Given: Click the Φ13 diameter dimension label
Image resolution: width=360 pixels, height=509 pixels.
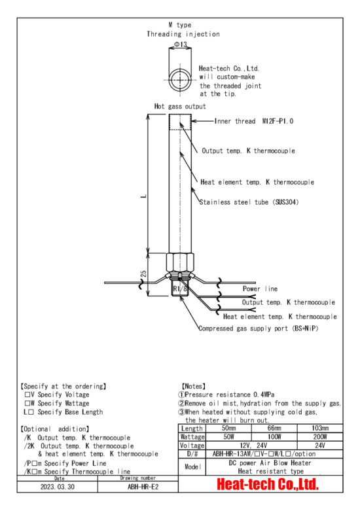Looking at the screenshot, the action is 180,44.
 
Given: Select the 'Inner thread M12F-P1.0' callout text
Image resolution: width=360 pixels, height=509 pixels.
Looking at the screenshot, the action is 254,121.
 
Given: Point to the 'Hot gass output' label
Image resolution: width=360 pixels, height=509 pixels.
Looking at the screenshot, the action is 180,106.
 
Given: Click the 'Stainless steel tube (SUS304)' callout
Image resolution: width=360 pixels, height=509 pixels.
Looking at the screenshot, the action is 249,202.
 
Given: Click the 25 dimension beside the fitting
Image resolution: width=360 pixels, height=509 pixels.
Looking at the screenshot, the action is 143,273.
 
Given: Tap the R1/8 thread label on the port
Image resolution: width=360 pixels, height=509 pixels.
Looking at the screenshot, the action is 180,289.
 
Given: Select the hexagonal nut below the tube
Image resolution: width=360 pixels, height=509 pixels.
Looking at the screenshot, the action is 180,262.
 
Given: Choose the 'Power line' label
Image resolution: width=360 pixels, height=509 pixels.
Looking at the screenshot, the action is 260,289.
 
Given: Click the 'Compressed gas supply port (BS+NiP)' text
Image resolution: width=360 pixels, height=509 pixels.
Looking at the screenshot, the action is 259,328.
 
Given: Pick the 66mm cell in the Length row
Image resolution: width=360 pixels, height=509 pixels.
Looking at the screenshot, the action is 274,428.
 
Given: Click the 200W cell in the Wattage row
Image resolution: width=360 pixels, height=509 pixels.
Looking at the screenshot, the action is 320,436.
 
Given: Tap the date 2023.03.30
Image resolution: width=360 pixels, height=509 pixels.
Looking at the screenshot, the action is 58,487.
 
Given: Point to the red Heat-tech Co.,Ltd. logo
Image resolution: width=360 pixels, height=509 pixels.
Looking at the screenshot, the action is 268,484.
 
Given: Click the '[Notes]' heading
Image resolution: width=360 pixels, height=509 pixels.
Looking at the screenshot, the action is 193,386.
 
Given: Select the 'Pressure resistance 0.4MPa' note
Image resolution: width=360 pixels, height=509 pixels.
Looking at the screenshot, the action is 226,395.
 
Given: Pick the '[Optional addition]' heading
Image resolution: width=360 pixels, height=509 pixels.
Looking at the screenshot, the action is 54,429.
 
